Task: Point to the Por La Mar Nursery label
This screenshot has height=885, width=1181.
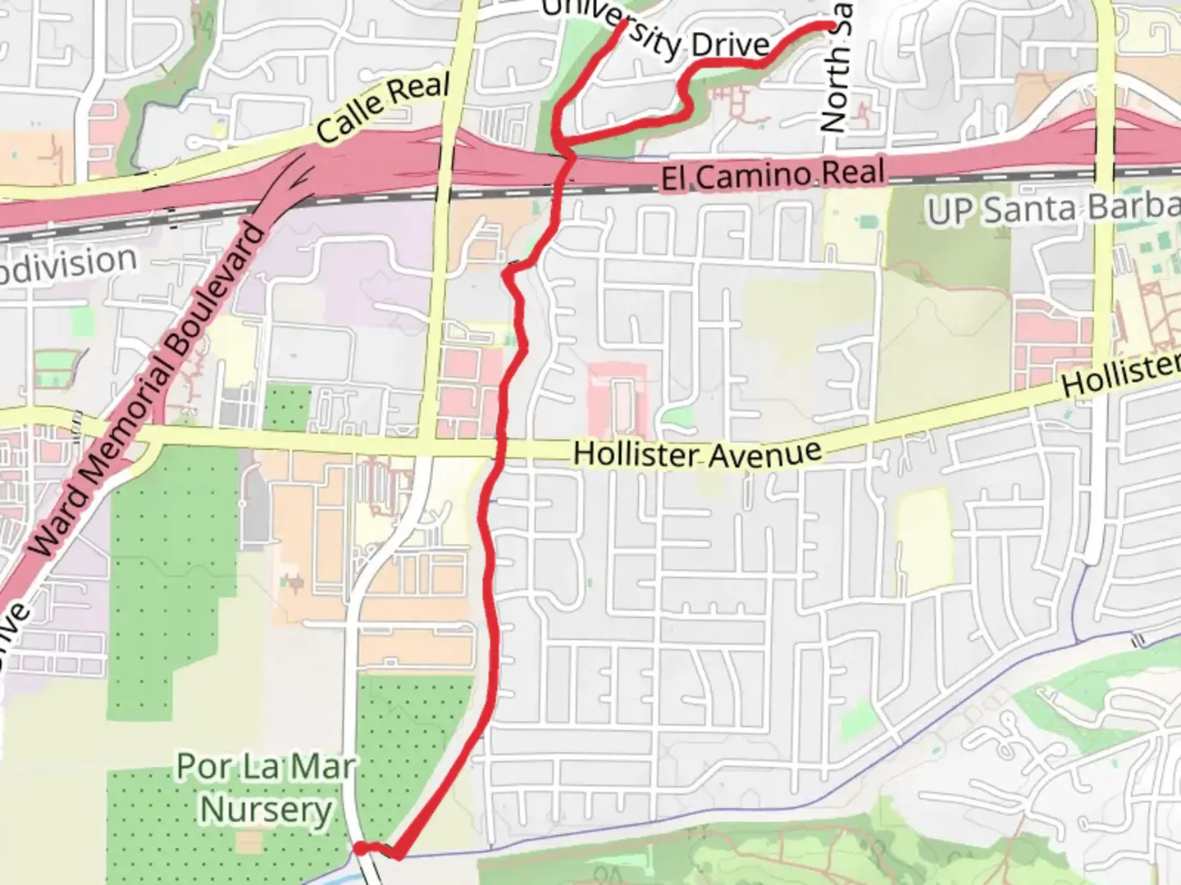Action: click(x=267, y=788)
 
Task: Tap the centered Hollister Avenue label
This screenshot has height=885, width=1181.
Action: click(x=697, y=453)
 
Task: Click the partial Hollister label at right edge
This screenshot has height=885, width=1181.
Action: click(x=1120, y=374)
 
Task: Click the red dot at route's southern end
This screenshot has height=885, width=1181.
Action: click(x=360, y=848)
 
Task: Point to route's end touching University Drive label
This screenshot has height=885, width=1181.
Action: click(x=624, y=23)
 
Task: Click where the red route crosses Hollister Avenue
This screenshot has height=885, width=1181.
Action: click(x=496, y=448)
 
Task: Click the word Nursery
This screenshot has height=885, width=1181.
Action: click(x=267, y=810)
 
